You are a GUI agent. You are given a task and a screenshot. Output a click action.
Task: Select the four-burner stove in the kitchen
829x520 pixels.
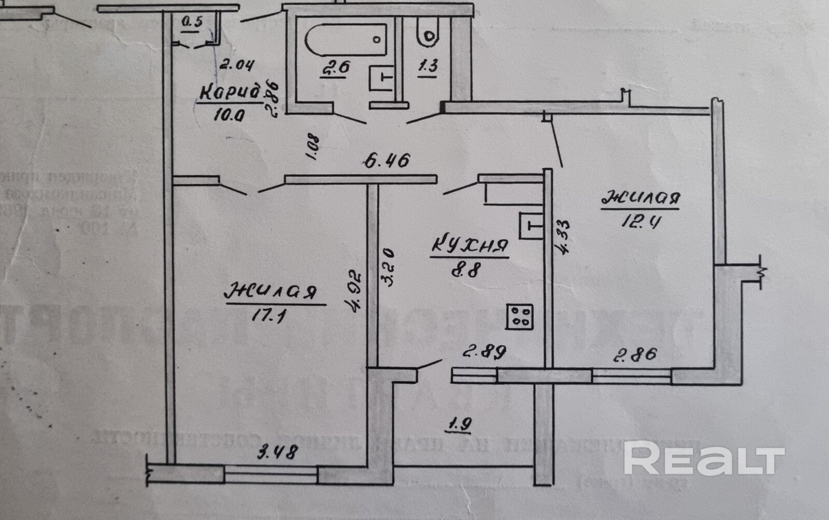[520, 315]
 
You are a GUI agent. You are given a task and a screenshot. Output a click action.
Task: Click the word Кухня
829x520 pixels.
[469, 247]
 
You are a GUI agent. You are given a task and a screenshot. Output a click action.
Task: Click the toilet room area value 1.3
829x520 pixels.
[427, 66]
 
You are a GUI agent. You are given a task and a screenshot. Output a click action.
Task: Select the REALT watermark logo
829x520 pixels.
[704, 458]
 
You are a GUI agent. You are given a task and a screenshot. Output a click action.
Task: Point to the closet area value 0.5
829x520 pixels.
[192, 22]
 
